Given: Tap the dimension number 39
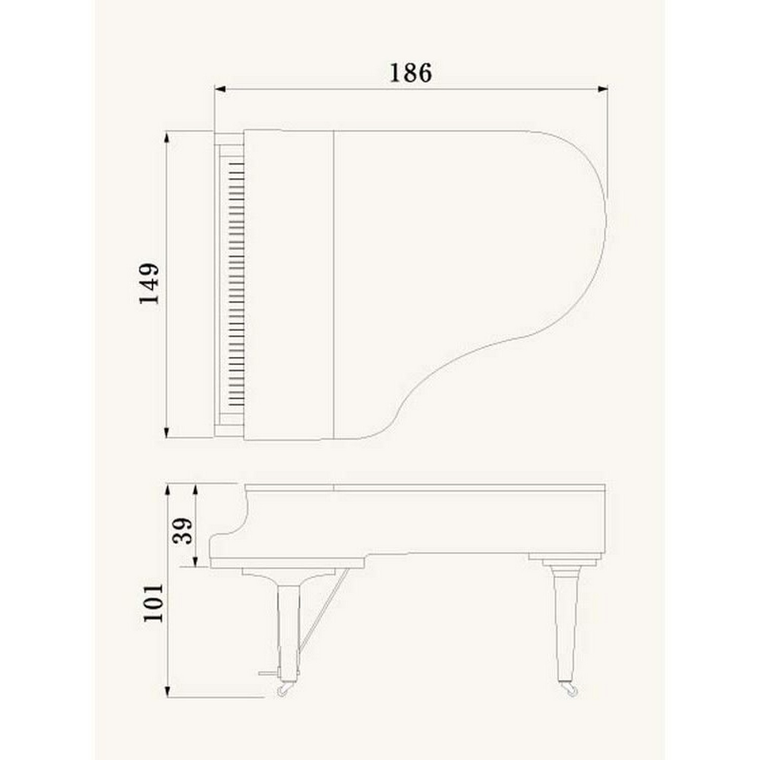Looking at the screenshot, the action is pyautogui.click(x=183, y=530).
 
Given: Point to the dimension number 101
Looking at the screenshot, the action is pyautogui.click(x=154, y=603).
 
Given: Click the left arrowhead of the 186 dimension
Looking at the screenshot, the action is pyautogui.click(x=220, y=89).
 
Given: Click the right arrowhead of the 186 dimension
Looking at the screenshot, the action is pyautogui.click(x=603, y=89).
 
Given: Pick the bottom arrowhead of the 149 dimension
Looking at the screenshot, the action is pyautogui.click(x=166, y=432).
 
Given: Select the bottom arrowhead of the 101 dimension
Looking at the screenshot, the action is pyautogui.click(x=167, y=692).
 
